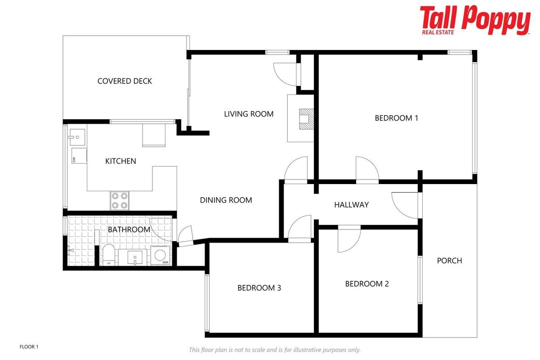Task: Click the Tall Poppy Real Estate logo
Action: pos(475,20)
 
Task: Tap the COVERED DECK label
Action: pos(125,81)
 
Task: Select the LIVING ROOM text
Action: pos(249,114)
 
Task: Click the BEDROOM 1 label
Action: pos(396,118)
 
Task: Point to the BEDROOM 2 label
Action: pos(367,284)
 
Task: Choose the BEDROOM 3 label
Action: pos(259,288)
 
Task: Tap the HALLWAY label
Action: pos(351,205)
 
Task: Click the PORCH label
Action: pos(449,261)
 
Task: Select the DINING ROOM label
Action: pos(226,200)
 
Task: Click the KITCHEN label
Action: pos(120,161)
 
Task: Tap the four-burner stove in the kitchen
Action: pos(120,201)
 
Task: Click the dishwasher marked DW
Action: pos(79,156)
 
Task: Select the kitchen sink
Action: pos(77,137)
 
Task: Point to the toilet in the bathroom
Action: pos(109,255)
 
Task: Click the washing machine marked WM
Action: pos(160,255)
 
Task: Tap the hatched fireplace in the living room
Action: pos(306,119)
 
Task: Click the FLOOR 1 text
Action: pos(29,347)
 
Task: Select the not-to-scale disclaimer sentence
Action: pos(275,350)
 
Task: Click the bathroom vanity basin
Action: pos(135,257)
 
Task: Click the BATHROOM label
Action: pos(129,229)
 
